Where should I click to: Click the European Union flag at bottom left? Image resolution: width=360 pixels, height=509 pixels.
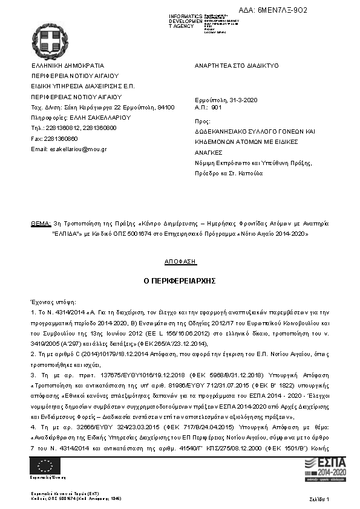[45, 465]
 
